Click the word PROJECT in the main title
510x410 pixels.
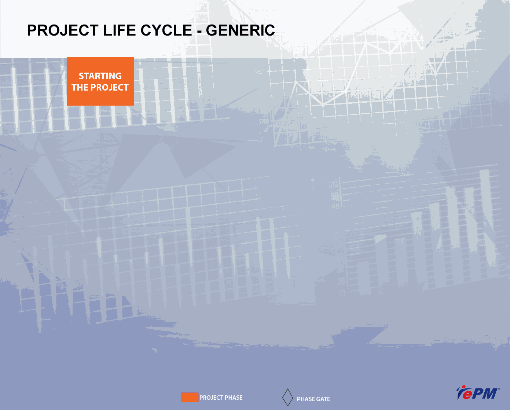(x=63, y=30)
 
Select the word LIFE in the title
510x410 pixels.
(x=120, y=30)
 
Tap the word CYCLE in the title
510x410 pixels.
(x=166, y=30)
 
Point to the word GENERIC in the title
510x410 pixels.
(x=240, y=30)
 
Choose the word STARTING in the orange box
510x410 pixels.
(x=100, y=76)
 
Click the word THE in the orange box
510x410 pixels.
(x=80, y=88)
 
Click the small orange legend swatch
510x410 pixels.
(x=190, y=398)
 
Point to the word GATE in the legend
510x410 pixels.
(x=323, y=399)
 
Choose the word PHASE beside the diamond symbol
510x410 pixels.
(x=306, y=399)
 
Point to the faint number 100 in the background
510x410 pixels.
(x=333, y=184)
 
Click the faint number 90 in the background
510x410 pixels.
(x=335, y=197)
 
